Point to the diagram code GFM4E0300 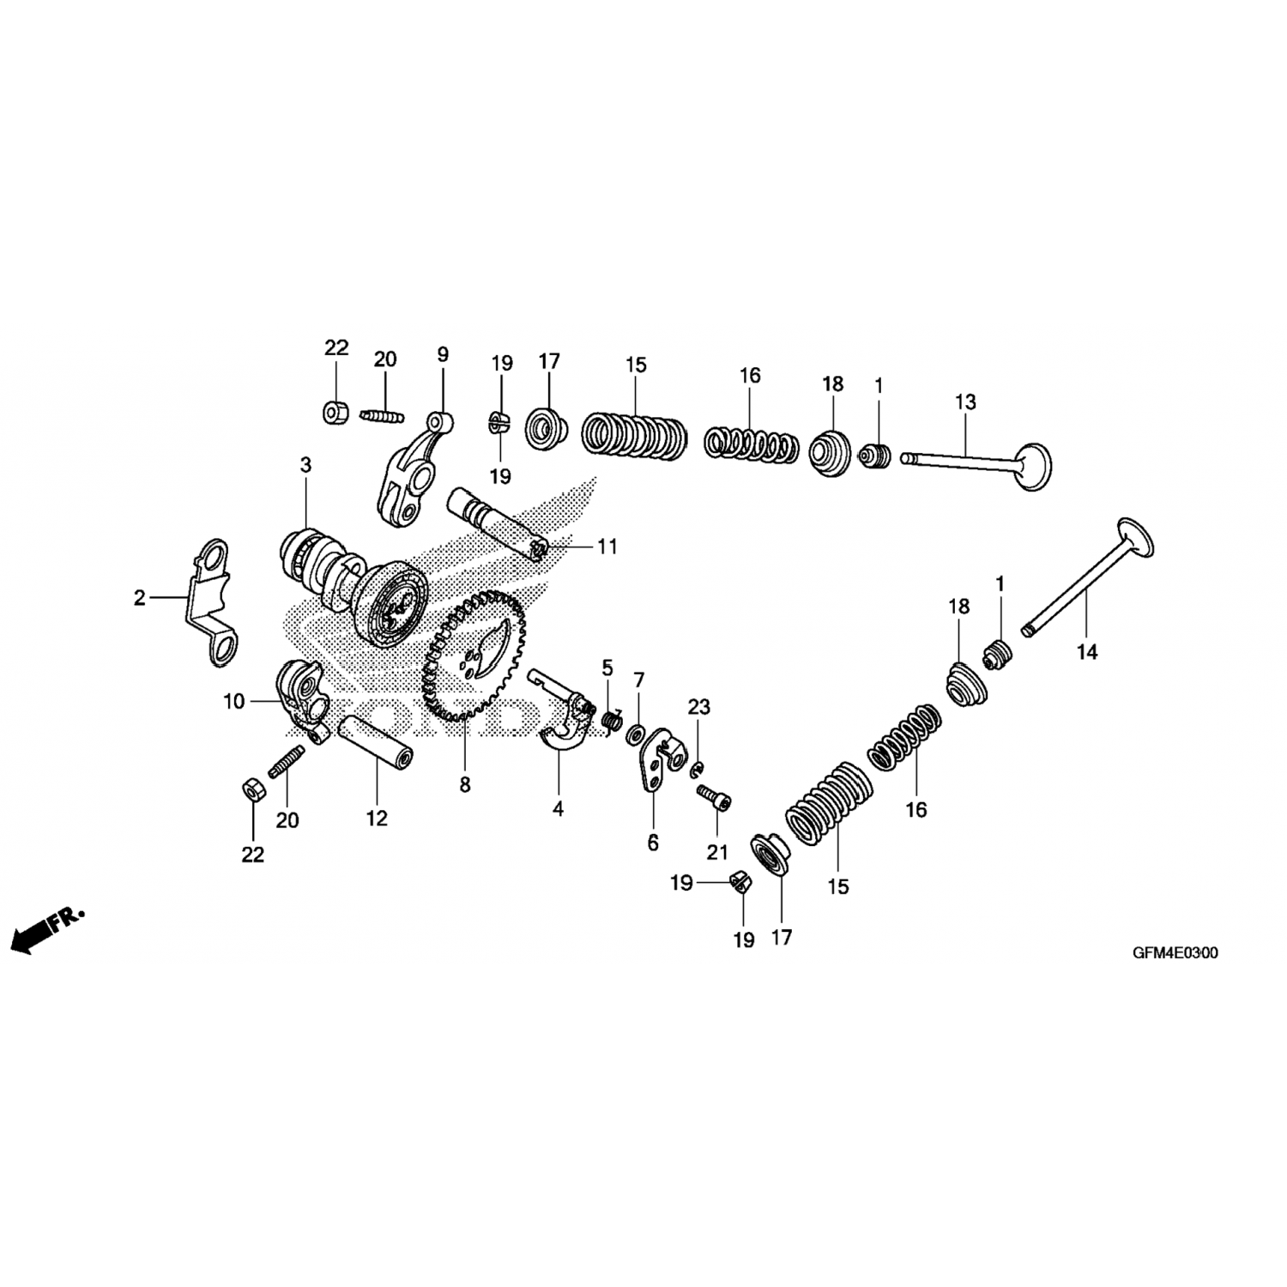[x=1175, y=952]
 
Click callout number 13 [x=965, y=402]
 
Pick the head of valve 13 [x=1033, y=467]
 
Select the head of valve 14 [x=1134, y=539]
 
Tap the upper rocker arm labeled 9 [x=409, y=468]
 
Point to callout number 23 [x=699, y=707]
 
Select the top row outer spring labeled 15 [x=635, y=436]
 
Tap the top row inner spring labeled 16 [x=749, y=443]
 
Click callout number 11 [x=607, y=547]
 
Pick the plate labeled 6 [x=661, y=760]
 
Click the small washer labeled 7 [x=637, y=734]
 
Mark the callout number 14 [x=1087, y=653]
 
